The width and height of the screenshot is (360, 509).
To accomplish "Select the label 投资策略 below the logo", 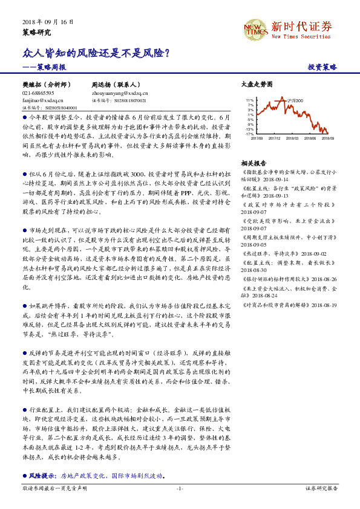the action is (x=322, y=67).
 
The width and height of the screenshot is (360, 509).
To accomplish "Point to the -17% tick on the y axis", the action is (x=249, y=134).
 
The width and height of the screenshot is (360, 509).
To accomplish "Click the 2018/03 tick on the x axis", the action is (x=293, y=138).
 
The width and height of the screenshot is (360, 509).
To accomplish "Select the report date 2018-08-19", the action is (x=324, y=306).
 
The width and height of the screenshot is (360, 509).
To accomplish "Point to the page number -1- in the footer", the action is (x=180, y=488).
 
